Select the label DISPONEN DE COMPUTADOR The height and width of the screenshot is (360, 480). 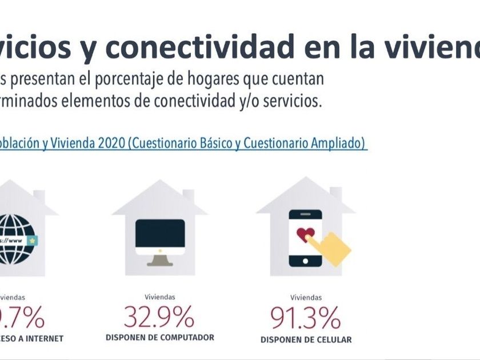coord(160,338)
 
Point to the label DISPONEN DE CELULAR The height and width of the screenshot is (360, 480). coord(306,340)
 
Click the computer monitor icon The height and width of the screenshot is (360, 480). coord(160,237)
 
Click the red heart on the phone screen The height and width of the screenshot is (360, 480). coord(305,235)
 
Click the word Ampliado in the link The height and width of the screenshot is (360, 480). coord(336,143)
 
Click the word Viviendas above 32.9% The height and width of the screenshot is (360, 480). coord(159,297)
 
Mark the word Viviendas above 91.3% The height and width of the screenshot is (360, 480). coord(306,297)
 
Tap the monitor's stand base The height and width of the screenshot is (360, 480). coord(160,263)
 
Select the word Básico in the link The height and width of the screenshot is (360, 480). coord(214,143)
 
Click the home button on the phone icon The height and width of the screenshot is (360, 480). coord(305,260)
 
